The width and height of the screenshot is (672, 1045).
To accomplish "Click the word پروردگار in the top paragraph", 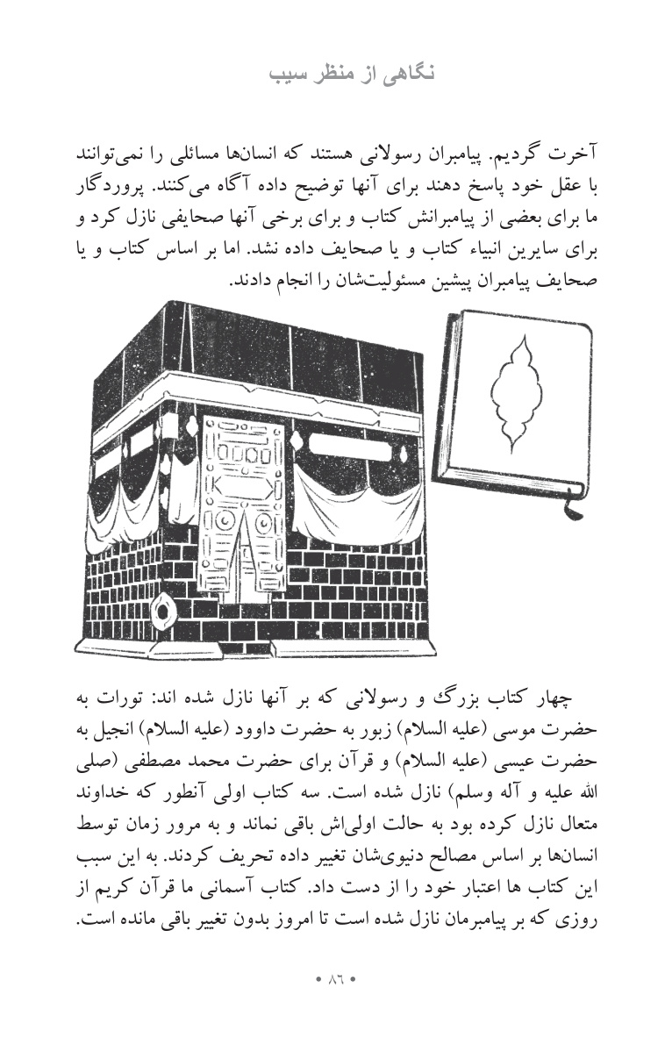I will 567,189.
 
